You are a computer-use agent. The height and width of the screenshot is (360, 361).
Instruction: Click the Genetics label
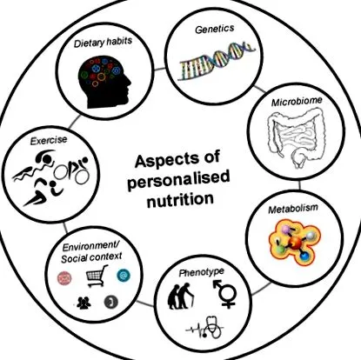pos(215,29)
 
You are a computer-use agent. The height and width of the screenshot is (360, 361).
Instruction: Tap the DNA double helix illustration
pos(217,60)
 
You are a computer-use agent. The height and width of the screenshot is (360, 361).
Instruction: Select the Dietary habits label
pos(103,43)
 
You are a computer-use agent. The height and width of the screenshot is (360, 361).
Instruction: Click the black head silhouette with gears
pos(105,83)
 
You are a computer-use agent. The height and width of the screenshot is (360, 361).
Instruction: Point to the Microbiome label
pos(297,101)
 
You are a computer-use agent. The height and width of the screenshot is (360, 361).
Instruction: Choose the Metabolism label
pos(293,209)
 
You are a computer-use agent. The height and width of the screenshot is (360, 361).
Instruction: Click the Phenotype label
pos(201,272)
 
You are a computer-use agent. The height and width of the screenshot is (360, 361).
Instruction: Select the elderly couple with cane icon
pos(180,297)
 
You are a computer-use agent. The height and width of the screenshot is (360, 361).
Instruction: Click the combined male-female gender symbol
pos(224,293)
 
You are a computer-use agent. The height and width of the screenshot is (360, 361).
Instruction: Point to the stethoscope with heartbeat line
pos(205,328)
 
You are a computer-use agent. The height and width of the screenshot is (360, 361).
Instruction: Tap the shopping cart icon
pos(97,276)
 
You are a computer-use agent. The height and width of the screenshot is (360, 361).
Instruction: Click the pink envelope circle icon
pos(64,278)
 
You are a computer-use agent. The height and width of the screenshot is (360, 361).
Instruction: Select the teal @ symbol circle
pos(124,276)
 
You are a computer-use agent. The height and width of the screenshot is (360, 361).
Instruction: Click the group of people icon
pos(84,303)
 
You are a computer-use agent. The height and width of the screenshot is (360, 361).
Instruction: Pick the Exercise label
pos(49,141)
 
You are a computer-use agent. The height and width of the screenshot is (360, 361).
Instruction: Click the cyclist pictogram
pos(72,171)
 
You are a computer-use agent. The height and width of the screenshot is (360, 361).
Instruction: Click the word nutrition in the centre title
pos(180,200)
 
